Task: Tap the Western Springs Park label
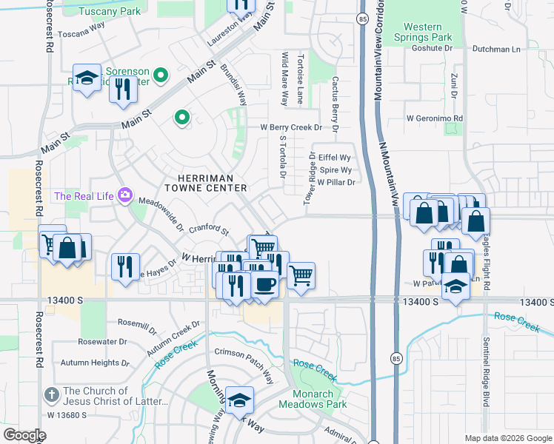pyautogui.click(x=423, y=32)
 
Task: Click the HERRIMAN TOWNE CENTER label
pyautogui.click(x=213, y=183)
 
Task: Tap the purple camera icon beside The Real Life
pyautogui.click(x=124, y=195)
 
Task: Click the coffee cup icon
pyautogui.click(x=266, y=283)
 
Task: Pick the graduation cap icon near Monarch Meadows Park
pyautogui.click(x=239, y=401)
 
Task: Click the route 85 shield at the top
pyautogui.click(x=361, y=18)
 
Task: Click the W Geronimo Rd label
pyautogui.click(x=434, y=118)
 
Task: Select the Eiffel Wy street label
pyautogui.click(x=334, y=158)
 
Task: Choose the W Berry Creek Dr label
pyautogui.click(x=291, y=127)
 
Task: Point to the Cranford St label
pyautogui.click(x=209, y=230)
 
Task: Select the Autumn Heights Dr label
pyautogui.click(x=95, y=363)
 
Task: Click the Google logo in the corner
pyautogui.click(x=24, y=434)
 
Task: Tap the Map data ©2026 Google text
pyautogui.click(x=507, y=438)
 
